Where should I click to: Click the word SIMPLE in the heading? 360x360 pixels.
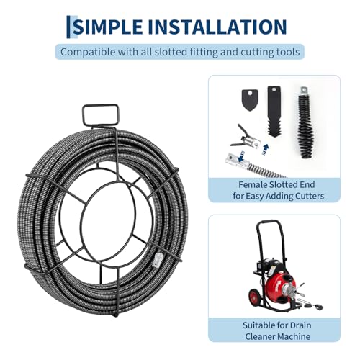pos(108,27)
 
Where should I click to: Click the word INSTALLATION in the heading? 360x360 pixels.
pos(217,27)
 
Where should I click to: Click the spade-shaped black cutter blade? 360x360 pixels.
pos(250,99)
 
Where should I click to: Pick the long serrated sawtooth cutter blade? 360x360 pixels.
pos(274,112)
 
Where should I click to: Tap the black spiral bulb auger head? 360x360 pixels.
pos(305,122)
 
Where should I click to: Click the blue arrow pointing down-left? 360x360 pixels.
pos(241,156)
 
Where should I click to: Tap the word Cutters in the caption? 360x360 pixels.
pos(310,196)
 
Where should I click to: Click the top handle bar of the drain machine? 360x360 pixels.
pos(269,222)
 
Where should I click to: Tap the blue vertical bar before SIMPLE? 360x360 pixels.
pos(68,27)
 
